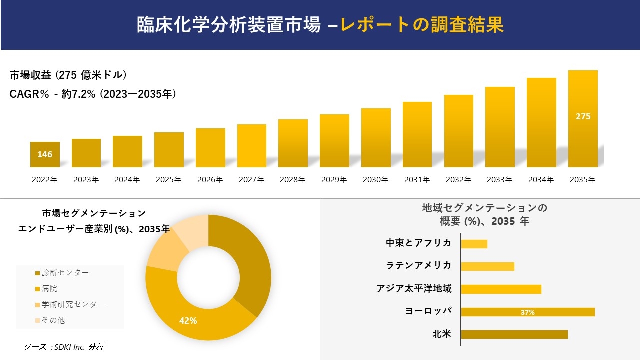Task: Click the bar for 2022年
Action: pos(45,154)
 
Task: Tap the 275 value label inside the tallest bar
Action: pos(583,116)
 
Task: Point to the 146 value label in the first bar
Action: pos(45,154)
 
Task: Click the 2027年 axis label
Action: pos(251,180)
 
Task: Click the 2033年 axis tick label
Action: pos(500,180)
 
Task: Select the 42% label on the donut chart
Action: pos(188,321)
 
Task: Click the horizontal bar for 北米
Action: pos(514,334)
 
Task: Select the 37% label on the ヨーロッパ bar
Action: pos(527,312)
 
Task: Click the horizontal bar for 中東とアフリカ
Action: pos(474,244)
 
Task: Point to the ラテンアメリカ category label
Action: pos(419,265)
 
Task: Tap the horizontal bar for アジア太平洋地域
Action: pos(501,289)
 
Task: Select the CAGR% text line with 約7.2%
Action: pos(93,94)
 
